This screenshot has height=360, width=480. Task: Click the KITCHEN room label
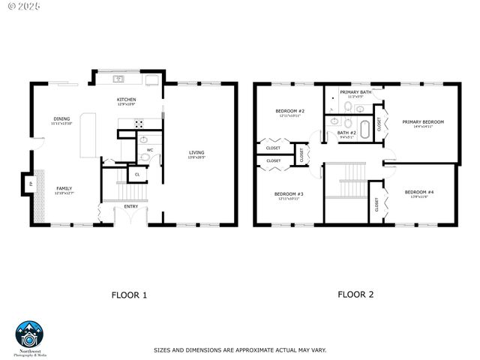[x=126, y=100]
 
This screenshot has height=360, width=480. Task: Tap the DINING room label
[x=61, y=118]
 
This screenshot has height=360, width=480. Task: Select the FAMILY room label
[x=62, y=189]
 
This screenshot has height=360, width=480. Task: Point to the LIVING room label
[x=196, y=153]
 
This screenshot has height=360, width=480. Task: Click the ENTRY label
[x=131, y=206]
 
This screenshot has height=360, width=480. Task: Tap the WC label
[x=150, y=150]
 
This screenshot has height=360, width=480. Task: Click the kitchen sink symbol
[x=118, y=79]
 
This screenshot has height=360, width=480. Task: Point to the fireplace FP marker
[x=31, y=184]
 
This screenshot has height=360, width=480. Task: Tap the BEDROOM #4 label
[x=416, y=193]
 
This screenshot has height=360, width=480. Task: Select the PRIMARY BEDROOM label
[x=423, y=121]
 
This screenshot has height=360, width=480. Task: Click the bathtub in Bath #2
[x=365, y=129]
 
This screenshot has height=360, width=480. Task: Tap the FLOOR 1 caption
[x=129, y=295]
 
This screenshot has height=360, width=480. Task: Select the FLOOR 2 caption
[x=355, y=294]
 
